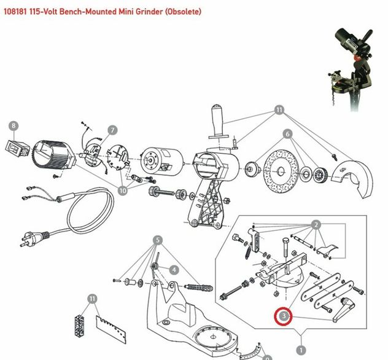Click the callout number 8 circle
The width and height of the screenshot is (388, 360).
[14, 126]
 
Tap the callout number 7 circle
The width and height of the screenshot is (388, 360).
[112, 130]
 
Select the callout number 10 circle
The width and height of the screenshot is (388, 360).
[123, 191]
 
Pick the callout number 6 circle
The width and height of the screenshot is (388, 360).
[287, 133]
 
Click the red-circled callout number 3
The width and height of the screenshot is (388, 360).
[284, 316]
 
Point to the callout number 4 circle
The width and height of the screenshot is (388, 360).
[174, 269]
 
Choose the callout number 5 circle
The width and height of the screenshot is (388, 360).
[158, 239]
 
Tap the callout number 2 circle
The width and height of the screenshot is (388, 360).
[316, 224]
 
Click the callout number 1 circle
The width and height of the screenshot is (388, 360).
[300, 335]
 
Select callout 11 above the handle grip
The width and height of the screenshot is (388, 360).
[280, 111]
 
